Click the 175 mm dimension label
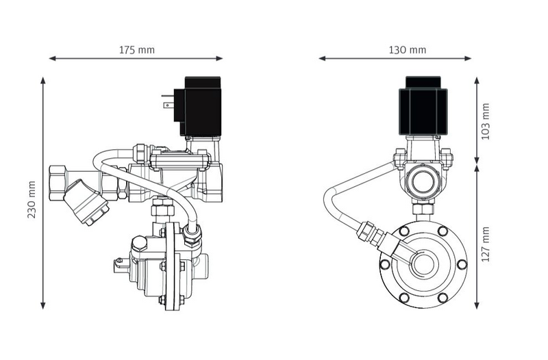coord(137,50)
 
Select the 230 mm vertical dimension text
coord(32,200)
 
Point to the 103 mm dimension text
coord(486,121)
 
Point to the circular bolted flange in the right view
coord(423,263)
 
